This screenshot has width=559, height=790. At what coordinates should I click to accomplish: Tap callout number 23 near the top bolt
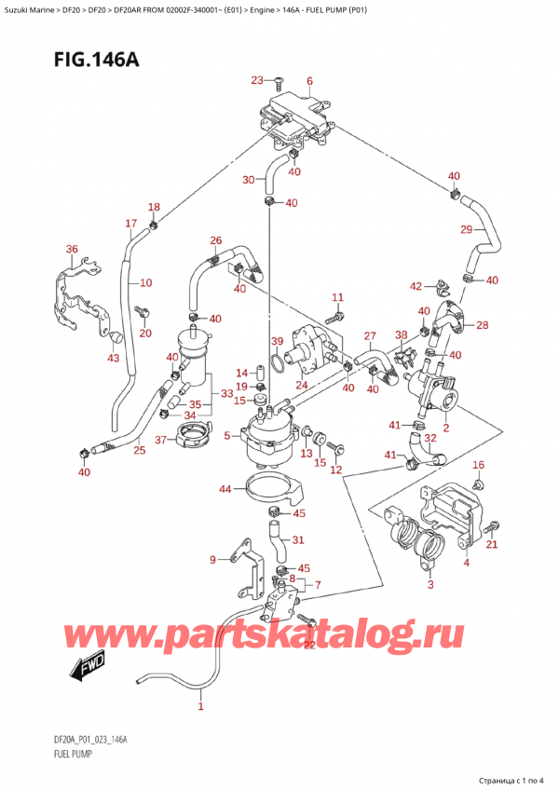coord(257,80)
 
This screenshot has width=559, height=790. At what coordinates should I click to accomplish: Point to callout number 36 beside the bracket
coord(72,248)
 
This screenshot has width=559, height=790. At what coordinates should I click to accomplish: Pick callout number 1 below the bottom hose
coord(200,707)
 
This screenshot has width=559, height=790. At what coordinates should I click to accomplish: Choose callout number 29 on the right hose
coord(466,229)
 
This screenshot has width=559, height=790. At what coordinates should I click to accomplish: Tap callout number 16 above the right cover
coord(479,465)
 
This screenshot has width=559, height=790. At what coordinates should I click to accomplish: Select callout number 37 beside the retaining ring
coord(160,440)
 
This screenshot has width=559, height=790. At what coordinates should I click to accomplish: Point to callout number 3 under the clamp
coord(430,585)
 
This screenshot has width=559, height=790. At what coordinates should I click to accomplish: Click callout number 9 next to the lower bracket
coord(212,559)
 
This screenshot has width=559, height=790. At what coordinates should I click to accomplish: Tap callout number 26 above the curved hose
coord(215,239)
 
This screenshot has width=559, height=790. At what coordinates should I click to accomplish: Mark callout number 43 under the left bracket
coord(113,359)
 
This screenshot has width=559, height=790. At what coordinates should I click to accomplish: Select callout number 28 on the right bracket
coord(482,324)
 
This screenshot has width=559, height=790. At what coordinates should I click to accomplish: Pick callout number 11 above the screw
coord(338,297)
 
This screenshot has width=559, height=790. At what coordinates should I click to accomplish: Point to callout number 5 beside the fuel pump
coord(226,435)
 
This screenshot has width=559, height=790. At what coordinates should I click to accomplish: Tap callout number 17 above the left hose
coord(131,224)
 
